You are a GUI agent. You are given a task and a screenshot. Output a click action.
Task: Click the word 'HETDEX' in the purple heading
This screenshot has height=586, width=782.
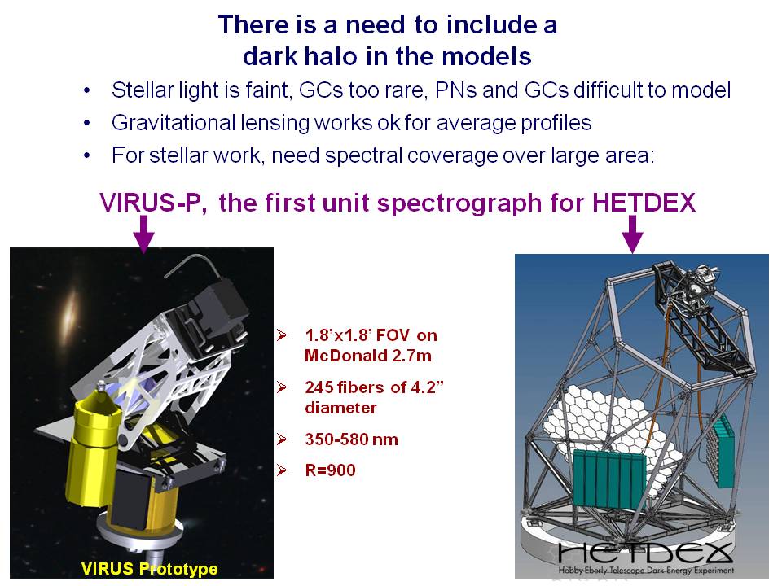coord(644,203)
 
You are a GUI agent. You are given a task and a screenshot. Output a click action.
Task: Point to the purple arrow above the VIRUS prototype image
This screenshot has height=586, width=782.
coord(144,234)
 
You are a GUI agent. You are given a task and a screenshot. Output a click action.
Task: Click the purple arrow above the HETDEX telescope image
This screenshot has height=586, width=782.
coord(632,234)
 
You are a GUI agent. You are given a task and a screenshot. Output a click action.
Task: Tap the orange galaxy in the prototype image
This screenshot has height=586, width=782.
coord(71,312)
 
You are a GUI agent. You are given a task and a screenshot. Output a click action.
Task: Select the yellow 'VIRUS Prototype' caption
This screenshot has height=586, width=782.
coord(149,569)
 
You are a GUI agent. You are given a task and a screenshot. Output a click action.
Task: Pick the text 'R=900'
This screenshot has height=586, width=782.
coord(330,470)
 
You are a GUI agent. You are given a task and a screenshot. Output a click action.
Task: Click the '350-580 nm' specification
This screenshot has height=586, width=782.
coord(352,439)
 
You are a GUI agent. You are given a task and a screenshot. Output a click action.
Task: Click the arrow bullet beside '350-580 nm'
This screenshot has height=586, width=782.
coord(283,439)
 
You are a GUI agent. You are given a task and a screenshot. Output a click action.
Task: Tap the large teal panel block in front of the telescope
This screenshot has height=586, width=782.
coord(608,479)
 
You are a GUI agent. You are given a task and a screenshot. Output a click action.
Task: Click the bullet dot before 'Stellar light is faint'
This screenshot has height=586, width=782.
coord(87,91)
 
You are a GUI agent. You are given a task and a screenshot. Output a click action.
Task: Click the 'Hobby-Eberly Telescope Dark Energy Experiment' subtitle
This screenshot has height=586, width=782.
coord(646,570)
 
